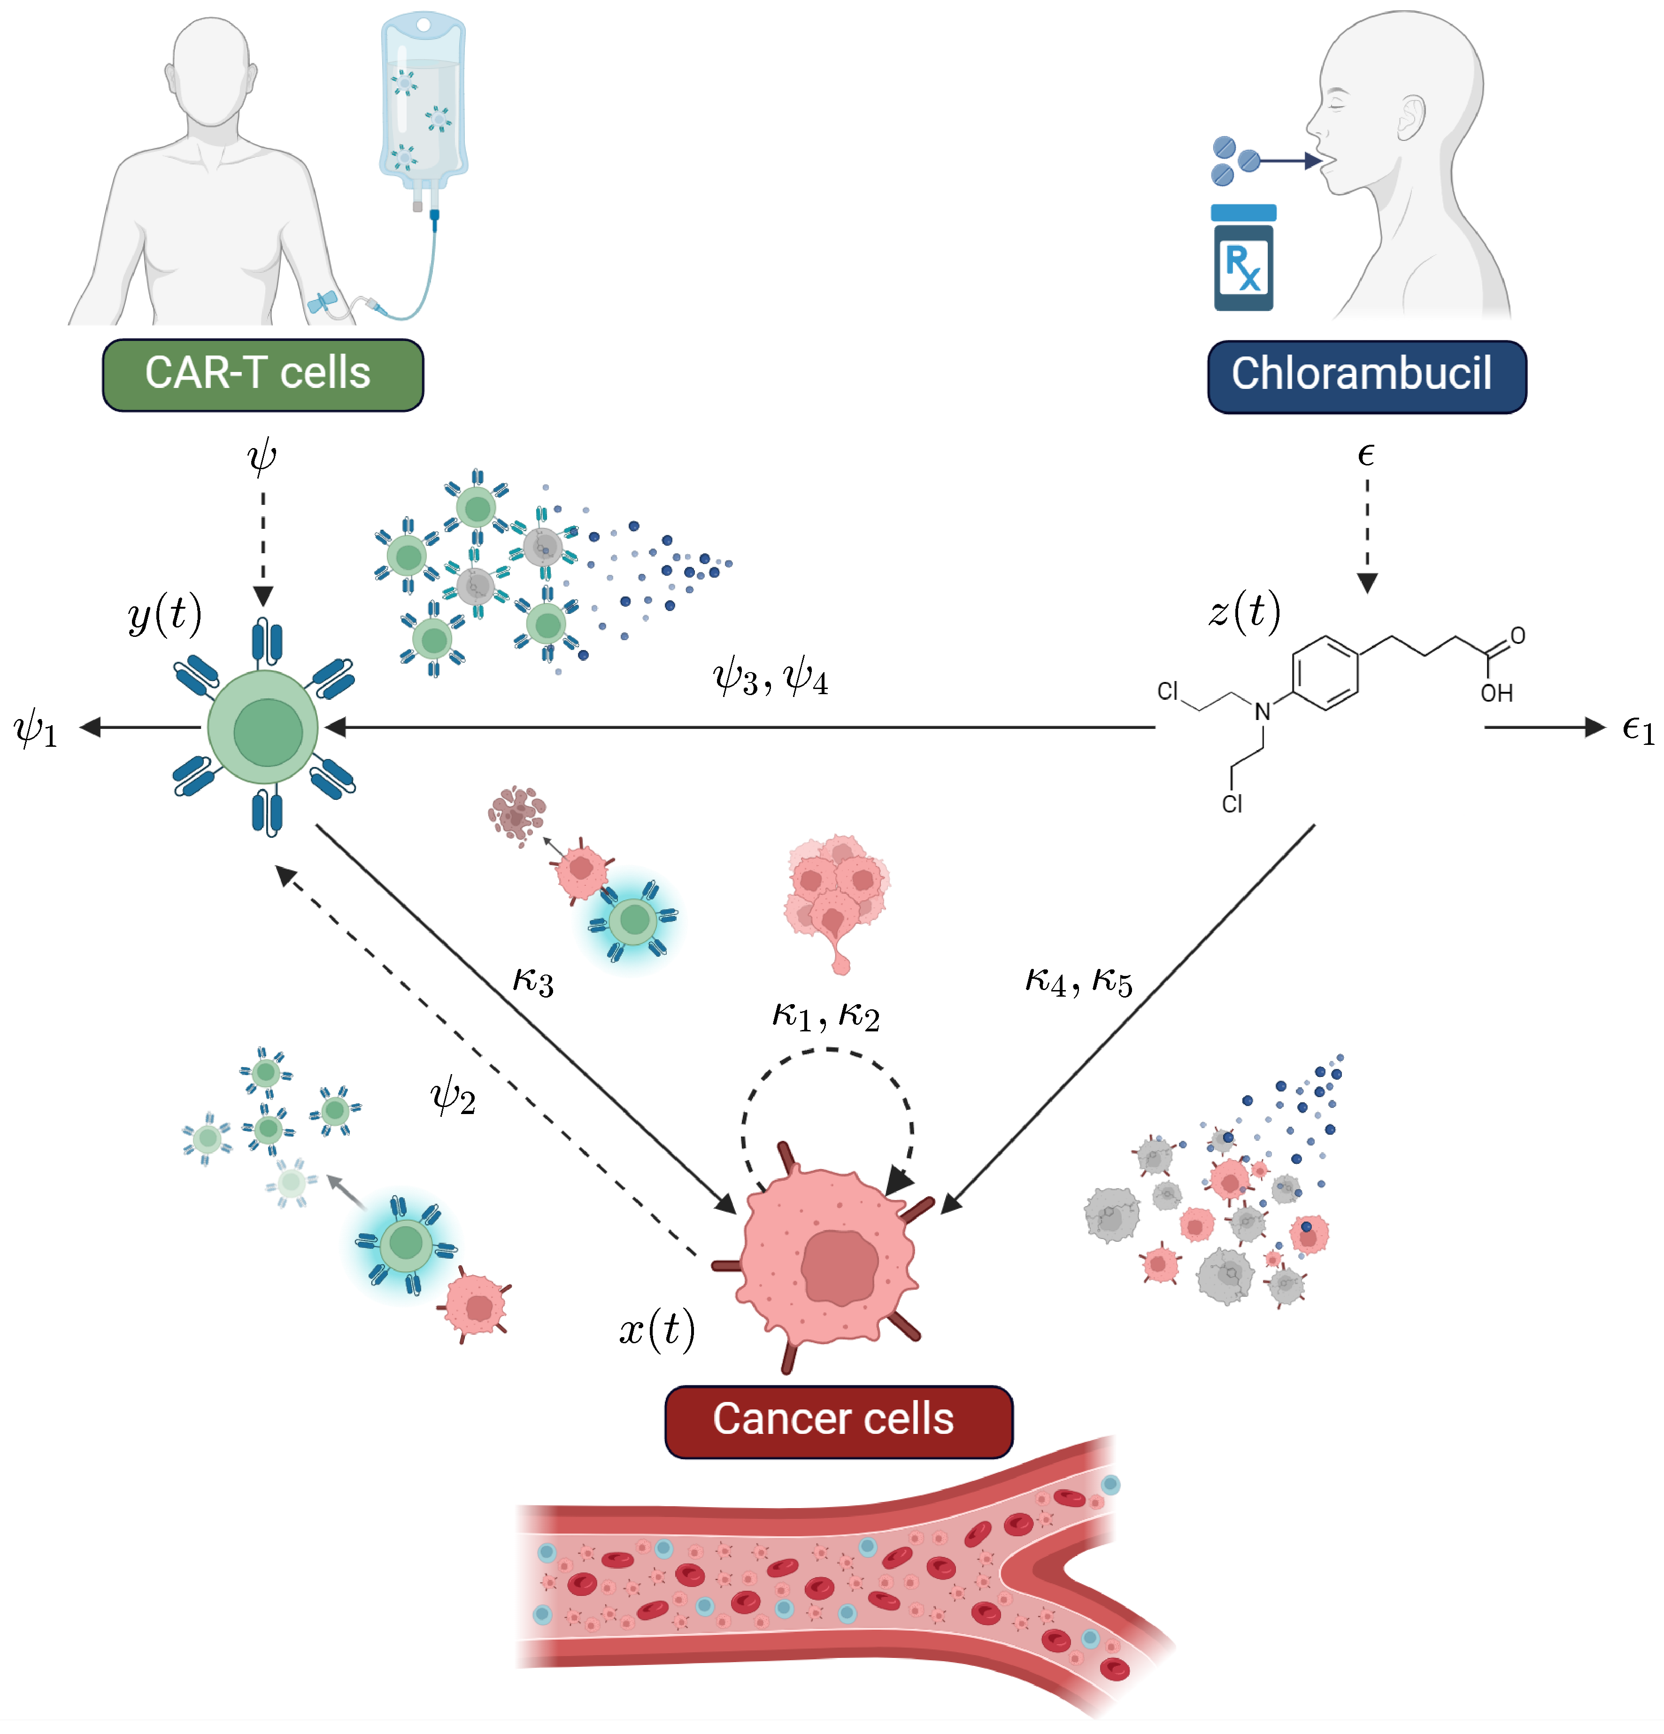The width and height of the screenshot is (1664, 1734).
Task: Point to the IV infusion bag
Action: pyautogui.click(x=423, y=102)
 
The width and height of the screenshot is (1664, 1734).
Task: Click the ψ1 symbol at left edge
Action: pyautogui.click(x=35, y=729)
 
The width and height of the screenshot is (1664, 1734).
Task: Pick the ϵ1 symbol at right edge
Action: pyautogui.click(x=1637, y=729)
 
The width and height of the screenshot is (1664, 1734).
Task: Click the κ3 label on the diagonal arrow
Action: pyautogui.click(x=533, y=980)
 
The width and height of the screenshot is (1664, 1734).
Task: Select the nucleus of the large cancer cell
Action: pyautogui.click(x=838, y=1266)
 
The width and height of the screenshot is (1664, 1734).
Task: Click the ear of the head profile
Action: pyautogui.click(x=1412, y=118)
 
